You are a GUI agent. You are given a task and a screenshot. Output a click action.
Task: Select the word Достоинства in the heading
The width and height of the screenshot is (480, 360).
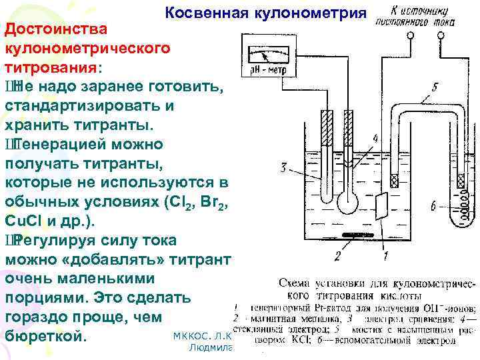coord(53,31)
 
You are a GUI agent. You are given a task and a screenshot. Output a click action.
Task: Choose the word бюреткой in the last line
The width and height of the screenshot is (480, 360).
coord(46,334)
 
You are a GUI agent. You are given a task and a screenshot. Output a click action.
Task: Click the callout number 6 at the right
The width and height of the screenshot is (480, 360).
coord(433,207)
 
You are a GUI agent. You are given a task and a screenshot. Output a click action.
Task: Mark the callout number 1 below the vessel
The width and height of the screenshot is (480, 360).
coord(385,255)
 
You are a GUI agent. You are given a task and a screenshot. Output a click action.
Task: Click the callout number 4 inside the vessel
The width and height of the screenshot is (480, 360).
coord(375,139)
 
